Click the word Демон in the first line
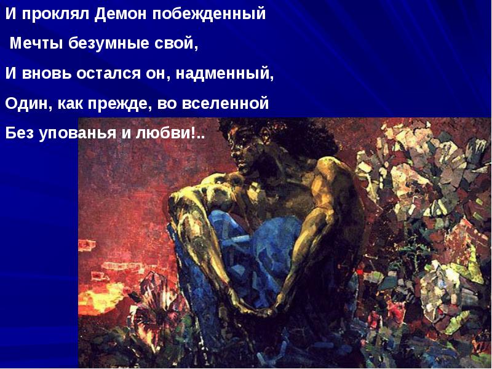(x=121, y=14)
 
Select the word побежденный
(x=209, y=14)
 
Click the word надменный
(x=224, y=74)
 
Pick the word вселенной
(x=225, y=103)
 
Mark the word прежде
(x=117, y=103)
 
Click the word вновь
(x=47, y=74)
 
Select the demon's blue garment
(x=248, y=251)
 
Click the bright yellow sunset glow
(x=100, y=298)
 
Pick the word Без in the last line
(x=20, y=133)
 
